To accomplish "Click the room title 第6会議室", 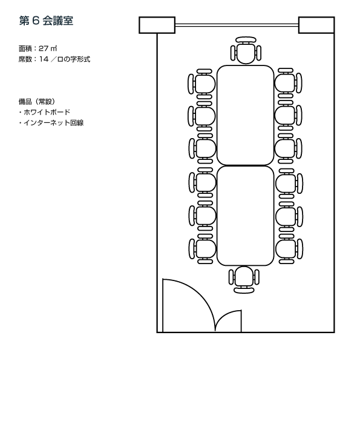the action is pos(46,21).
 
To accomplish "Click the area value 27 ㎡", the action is pos(48,48).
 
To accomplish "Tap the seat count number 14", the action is pos(44,59).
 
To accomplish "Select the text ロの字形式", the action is pos(73,59).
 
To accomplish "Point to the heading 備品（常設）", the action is pos(37,102).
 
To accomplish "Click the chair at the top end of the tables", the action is pos(246,50).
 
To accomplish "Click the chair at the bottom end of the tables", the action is pos(244,280).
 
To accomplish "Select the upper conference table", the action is pos(245,115).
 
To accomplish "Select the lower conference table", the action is pos(245,216).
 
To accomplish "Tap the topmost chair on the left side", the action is pos(202,84).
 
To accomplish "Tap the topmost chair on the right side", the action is pos(288,83).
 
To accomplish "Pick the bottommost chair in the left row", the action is pos(203,249).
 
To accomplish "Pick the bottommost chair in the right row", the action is pos(289,249).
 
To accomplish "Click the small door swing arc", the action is pos(224,316).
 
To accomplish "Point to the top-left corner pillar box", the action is pos(157,25).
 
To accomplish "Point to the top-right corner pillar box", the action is pos(316,25).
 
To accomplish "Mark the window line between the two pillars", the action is pos(237,25).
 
